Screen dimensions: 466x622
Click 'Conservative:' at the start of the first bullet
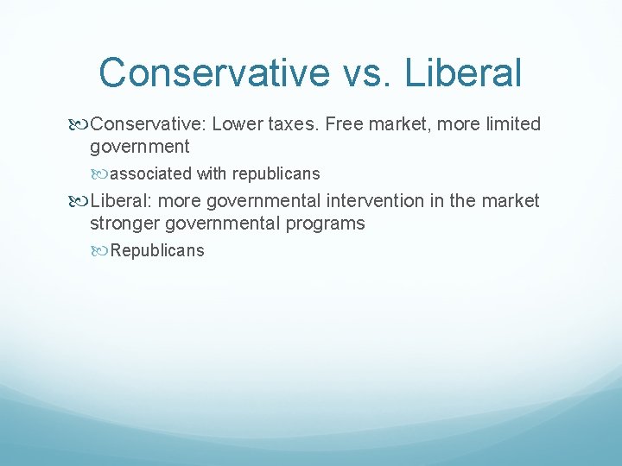148,124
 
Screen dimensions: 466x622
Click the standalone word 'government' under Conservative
139,147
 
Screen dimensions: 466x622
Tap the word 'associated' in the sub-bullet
151,173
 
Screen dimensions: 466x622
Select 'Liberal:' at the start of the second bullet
121,201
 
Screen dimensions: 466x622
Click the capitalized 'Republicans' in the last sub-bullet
157,251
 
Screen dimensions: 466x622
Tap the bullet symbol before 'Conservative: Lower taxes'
80,125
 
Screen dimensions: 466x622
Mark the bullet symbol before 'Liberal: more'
80,202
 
